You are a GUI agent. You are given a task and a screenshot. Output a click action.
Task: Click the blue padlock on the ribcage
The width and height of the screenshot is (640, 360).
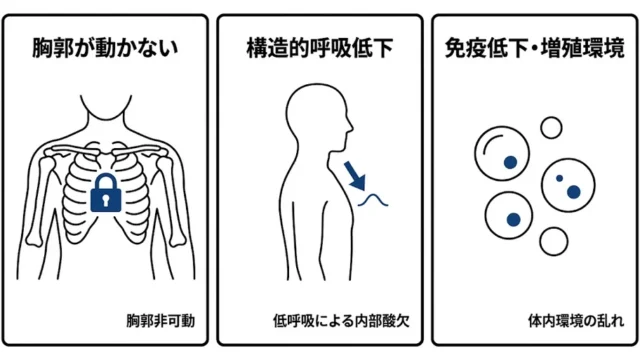pos(106,193)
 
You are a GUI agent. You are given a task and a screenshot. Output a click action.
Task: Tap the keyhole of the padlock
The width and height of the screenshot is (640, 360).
pos(106,200)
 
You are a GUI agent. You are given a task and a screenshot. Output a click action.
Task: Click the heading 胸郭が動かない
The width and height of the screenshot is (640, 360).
pos(105,47)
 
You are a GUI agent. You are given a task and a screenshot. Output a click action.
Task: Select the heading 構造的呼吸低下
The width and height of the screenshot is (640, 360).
pos(320,47)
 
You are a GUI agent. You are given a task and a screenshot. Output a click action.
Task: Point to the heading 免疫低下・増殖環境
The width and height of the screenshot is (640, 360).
pos(535,48)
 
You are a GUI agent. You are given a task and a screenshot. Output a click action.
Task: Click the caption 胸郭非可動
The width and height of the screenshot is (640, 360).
pos(160,321)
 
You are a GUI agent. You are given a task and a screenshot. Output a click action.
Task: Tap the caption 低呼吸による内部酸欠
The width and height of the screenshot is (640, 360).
pos(341,321)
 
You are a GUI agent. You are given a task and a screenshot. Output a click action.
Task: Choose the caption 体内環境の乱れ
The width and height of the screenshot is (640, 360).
pos(576,321)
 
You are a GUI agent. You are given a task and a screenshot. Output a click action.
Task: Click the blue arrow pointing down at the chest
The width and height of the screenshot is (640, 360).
pos(354,176)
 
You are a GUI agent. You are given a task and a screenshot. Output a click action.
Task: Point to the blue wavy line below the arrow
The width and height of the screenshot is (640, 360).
pos(373,199)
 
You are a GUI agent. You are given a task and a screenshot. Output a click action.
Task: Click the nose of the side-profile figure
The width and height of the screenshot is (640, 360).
pos(351,126)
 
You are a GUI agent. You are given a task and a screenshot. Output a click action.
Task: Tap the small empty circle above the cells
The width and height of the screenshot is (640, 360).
pos(551,128)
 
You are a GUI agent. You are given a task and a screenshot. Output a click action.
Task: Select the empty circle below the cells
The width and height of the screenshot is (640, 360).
pos(553,241)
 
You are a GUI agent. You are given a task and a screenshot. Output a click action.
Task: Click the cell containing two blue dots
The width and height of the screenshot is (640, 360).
pos(568,185)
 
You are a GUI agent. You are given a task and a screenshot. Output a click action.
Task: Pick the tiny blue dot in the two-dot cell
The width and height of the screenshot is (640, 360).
pos(560,178)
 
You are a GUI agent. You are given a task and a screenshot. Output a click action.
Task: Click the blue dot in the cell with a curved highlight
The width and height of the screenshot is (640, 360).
pos(510,162)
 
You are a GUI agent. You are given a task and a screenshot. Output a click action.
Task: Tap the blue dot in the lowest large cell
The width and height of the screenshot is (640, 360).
pos(513,220)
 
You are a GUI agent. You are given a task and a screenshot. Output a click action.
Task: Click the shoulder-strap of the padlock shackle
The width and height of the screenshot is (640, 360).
pos(106,181)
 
